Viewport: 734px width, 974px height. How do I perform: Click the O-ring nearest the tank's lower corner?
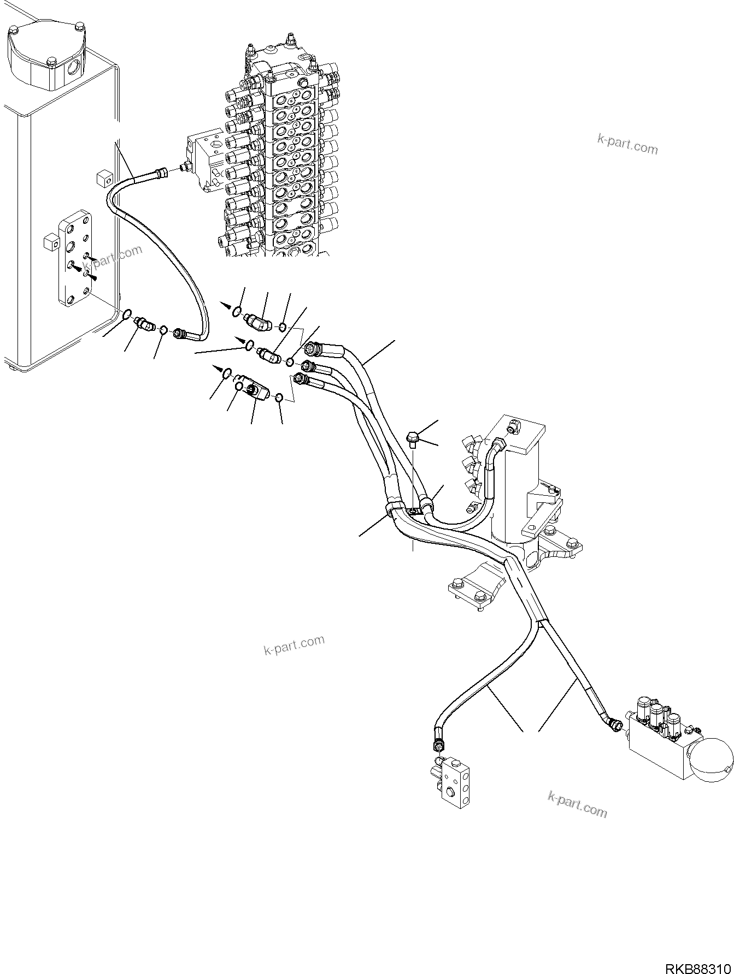tap(126, 314)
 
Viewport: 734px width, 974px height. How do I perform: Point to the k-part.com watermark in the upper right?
tap(627, 145)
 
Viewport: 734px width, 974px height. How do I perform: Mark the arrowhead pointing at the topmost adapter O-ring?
tap(225, 307)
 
